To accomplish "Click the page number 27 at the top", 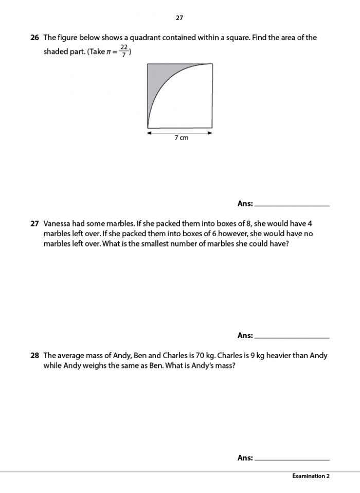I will pos(179,17).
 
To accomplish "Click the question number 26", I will pos(35,38).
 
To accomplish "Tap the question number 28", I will pos(35,355).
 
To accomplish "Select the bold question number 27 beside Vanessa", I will pos(35,224).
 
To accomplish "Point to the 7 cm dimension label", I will pos(181,138).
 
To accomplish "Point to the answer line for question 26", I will pos(292,205).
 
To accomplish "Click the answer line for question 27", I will pos(292,337).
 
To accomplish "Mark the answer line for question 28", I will pos(292,459).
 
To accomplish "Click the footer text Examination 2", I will pos(311,476).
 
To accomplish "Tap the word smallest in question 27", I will pos(156,243).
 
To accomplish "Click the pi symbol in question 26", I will pos(107,52).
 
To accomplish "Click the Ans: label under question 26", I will pos(245,204).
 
